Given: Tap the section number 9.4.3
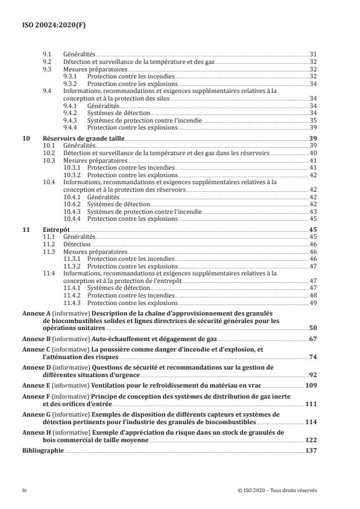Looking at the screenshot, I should click(x=72, y=121).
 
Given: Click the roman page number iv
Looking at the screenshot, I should click(x=25, y=490).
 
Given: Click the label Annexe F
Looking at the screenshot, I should click(x=37, y=396).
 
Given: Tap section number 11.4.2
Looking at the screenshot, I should click(x=72, y=295).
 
